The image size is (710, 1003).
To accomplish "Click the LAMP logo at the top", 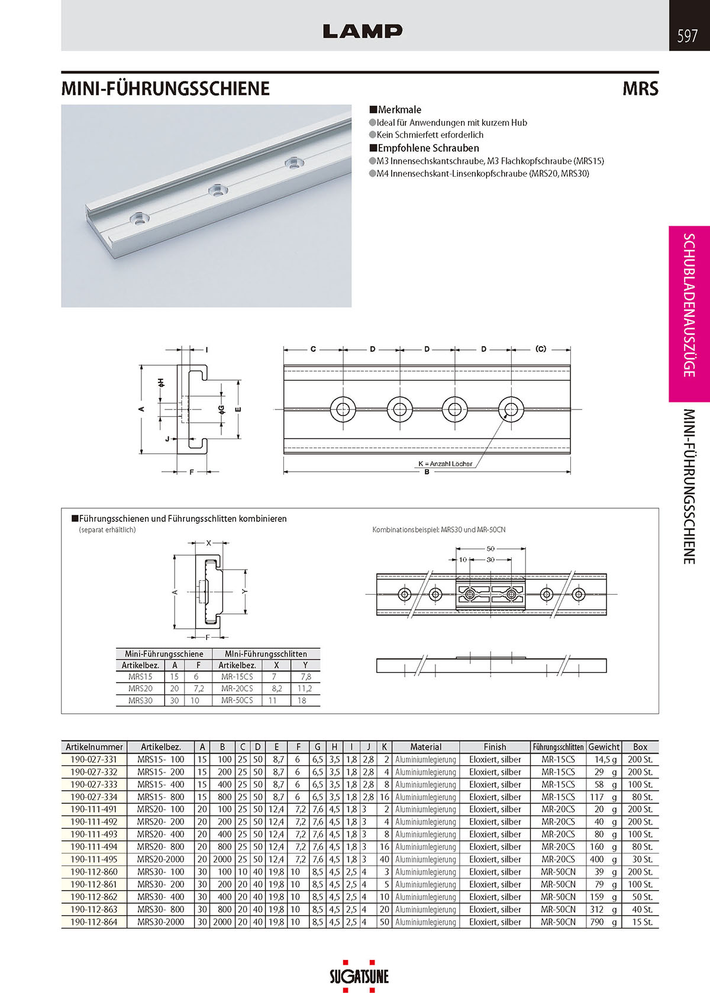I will (362, 31).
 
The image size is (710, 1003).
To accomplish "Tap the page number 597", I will (687, 37).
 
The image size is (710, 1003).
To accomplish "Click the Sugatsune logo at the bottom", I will (359, 975).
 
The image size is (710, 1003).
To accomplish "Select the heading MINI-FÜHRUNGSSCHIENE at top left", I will (166, 89).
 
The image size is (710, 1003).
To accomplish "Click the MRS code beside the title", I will (640, 89).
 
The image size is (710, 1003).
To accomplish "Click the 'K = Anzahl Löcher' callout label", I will (445, 464).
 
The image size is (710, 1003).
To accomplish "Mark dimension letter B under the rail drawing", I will (426, 472).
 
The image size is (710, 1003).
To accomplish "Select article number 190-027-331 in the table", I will (93, 759).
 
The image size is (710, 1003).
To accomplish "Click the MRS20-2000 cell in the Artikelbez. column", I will (160, 859).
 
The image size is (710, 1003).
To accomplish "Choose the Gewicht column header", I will (603, 747).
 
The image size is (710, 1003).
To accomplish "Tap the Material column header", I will (425, 747).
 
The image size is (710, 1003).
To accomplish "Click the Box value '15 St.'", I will (640, 922).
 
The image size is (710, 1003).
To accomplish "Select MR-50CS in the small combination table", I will (237, 700).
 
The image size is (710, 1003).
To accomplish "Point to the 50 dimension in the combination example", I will (490, 548).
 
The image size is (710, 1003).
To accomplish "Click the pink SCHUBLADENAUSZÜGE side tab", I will (689, 305).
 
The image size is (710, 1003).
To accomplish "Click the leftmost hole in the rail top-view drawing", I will (343, 409).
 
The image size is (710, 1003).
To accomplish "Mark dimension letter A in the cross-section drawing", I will (141, 408).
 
